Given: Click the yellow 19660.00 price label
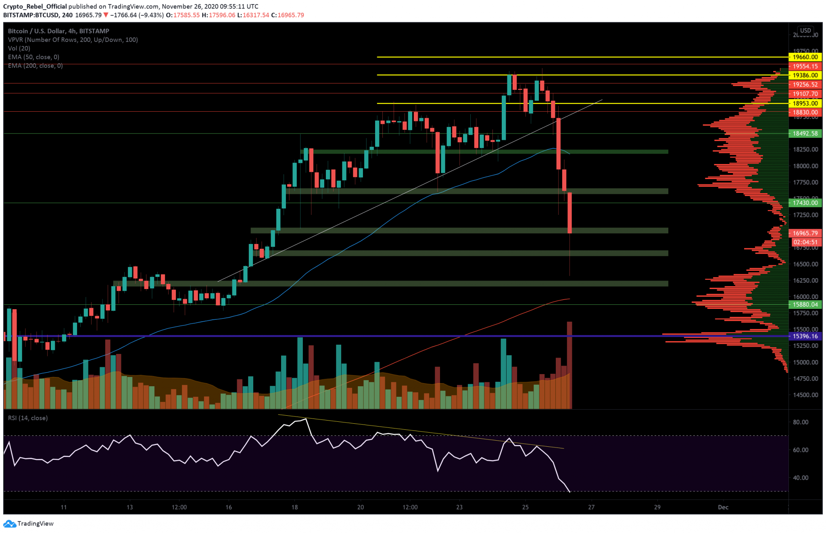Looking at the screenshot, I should pyautogui.click(x=805, y=57).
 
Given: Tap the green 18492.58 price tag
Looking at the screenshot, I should pyautogui.click(x=805, y=133).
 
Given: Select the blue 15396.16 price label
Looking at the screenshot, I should pyautogui.click(x=805, y=336).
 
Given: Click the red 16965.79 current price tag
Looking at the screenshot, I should pyautogui.click(x=805, y=233).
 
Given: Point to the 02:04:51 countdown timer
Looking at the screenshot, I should pyautogui.click(x=805, y=242).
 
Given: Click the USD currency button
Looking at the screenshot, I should pyautogui.click(x=805, y=31).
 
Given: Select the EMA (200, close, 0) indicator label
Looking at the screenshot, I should pyautogui.click(x=35, y=66).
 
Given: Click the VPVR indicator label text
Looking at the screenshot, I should pyautogui.click(x=73, y=40).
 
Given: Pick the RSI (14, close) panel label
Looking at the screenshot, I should pyautogui.click(x=28, y=418).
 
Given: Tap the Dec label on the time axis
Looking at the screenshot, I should pyautogui.click(x=723, y=507).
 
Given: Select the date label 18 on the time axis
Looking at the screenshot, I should pyautogui.click(x=295, y=507).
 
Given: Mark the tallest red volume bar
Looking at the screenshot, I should pyautogui.click(x=569, y=365).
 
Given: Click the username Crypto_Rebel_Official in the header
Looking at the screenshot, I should pyautogui.click(x=35, y=6).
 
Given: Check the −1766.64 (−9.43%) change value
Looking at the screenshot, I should pyautogui.click(x=137, y=15).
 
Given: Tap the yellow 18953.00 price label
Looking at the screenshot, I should pyautogui.click(x=805, y=104).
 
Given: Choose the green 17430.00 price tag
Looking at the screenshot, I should pyautogui.click(x=805, y=203).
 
